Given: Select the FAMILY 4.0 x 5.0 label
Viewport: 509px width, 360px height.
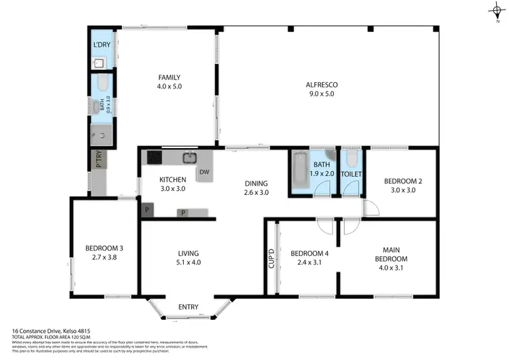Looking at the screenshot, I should click(170, 82).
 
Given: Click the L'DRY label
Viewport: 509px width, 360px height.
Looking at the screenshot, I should click(101, 46).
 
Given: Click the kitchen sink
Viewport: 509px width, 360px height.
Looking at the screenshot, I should click(189, 158).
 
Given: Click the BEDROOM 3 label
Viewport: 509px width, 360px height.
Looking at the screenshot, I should click(104, 253).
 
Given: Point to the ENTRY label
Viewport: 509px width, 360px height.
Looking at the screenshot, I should click(188, 308).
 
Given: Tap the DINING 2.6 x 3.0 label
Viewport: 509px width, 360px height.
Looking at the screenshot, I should click(257, 187).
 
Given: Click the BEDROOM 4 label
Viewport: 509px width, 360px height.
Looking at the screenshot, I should click(309, 257).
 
